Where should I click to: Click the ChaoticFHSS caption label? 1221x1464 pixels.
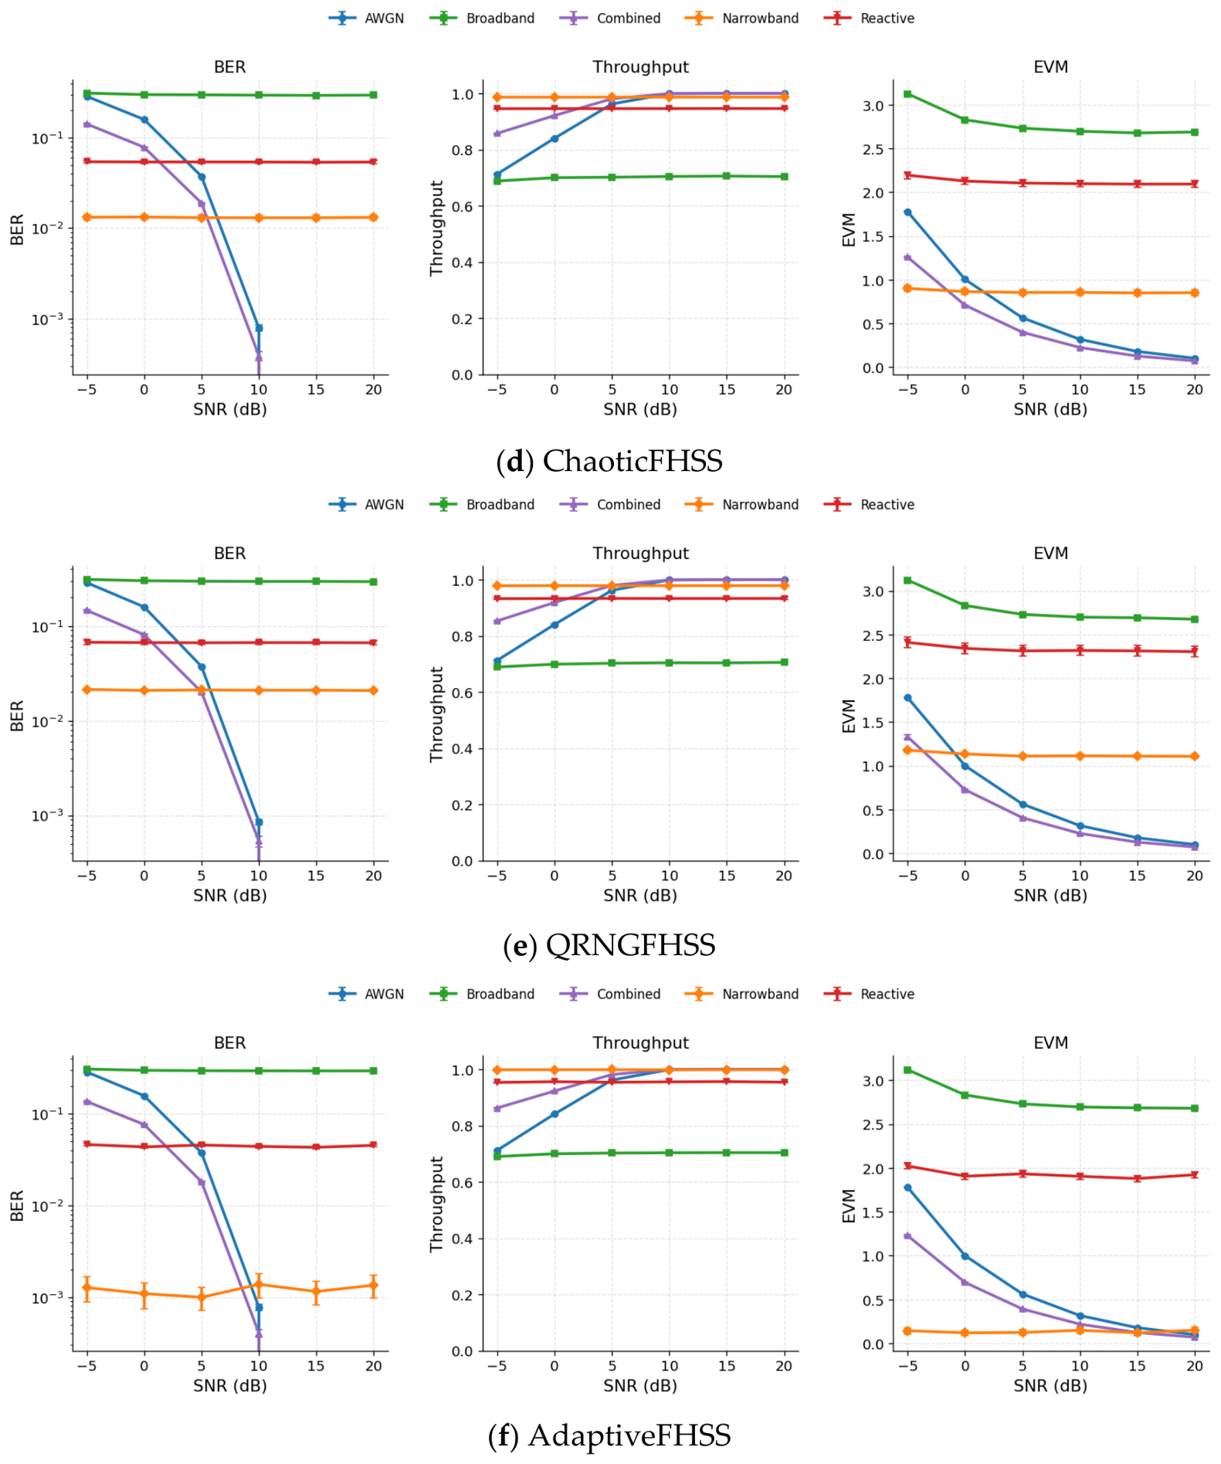coord(609,461)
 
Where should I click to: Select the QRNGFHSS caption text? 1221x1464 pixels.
coord(609,945)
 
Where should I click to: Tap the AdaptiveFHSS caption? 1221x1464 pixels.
coord(609,1435)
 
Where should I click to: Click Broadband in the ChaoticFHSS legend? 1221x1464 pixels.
coord(500,19)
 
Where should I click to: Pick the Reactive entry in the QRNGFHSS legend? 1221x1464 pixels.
coord(887,505)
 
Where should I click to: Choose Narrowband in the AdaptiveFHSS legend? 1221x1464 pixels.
coord(760,995)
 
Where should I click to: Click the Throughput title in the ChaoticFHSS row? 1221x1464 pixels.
coord(640,67)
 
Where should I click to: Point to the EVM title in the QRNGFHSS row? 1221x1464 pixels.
coord(1050,554)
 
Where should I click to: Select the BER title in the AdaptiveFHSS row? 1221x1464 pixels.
coord(230,1043)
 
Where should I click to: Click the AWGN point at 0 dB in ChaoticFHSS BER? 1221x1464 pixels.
coord(144,120)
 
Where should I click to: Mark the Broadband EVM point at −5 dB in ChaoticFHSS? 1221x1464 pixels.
coord(907,94)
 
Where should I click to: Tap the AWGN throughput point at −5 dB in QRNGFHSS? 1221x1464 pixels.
coord(497,661)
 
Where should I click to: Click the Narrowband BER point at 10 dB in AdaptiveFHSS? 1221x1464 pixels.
coord(259,1285)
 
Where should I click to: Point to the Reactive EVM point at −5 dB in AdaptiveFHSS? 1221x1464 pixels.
coord(907,1166)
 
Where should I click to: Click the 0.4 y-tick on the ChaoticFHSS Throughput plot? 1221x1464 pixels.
coord(463,263)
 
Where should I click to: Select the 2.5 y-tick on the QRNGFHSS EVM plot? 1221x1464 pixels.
coord(873,635)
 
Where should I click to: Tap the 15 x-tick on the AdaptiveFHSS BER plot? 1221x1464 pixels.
coord(316,1366)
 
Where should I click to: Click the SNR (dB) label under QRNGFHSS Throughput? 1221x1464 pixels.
coord(640,896)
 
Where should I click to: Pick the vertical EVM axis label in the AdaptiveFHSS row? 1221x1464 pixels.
coord(849,1206)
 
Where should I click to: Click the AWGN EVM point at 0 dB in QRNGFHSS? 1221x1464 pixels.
coord(965,766)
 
